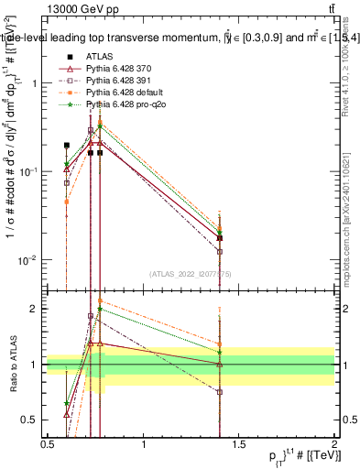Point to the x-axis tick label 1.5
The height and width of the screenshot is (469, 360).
(x=239, y=444)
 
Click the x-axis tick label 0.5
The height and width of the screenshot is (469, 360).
(x=48, y=444)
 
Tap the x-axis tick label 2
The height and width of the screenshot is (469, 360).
(x=334, y=444)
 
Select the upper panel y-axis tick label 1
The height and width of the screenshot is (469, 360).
(x=34, y=83)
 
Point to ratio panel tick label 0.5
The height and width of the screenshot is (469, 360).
(x=30, y=420)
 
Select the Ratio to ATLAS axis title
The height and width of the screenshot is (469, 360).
(x=13, y=365)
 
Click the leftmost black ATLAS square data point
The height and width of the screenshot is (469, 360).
(x=66, y=145)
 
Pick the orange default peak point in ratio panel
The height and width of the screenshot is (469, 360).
(x=100, y=300)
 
